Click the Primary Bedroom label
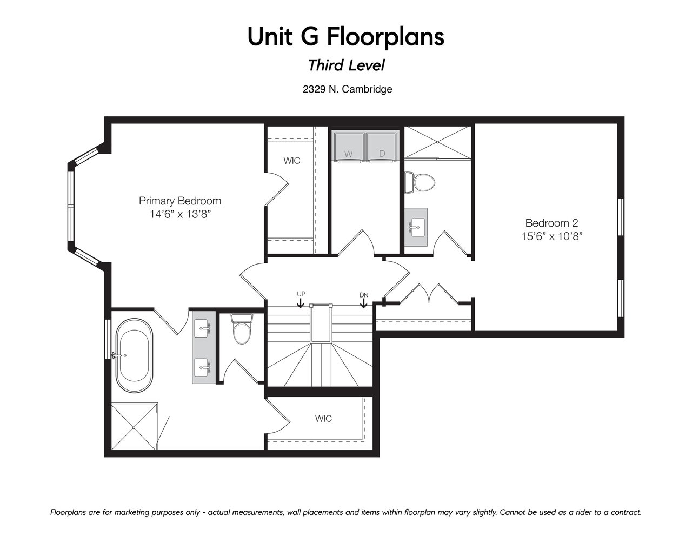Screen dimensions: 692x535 pos(180,201)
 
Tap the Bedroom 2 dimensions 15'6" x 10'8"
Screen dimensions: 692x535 pos(551,236)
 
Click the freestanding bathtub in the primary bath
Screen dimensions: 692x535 pos(134,355)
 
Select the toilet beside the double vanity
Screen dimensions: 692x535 pos(242,329)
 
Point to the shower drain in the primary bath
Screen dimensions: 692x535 pos(134,427)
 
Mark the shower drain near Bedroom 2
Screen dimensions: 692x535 pos(437,142)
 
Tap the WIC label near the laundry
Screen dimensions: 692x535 pos(292,161)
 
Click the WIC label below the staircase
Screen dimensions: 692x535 pos(323,418)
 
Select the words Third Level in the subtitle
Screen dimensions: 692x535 pos(346,65)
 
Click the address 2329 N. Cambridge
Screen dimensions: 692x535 pos(347,89)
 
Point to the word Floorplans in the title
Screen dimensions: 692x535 pos(385,37)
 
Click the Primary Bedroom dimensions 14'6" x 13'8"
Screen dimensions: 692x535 pos(180,214)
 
